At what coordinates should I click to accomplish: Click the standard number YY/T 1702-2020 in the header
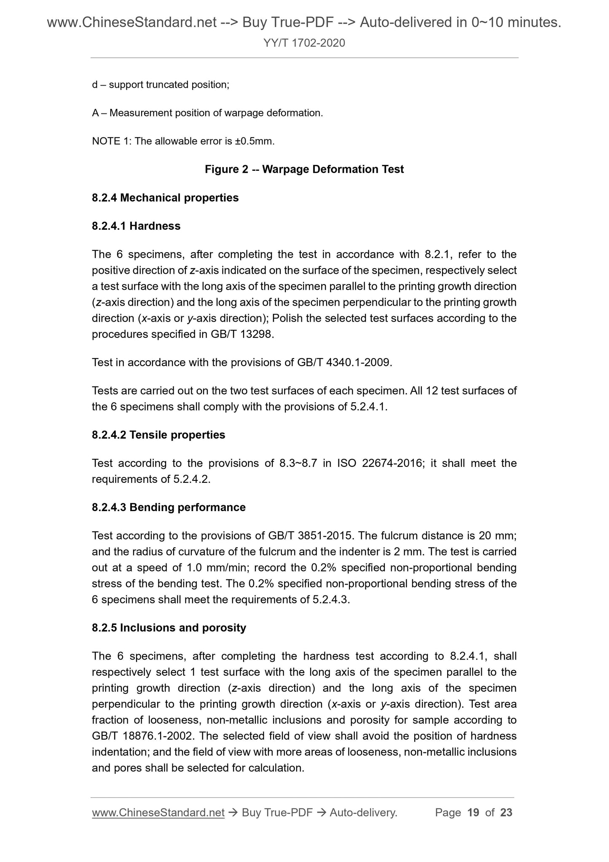pyautogui.click(x=304, y=43)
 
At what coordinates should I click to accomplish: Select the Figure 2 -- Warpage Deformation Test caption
pyautogui.click(x=304, y=170)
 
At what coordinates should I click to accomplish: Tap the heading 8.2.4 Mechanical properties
pyautogui.click(x=165, y=198)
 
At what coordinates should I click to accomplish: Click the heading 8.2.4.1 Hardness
pyautogui.click(x=136, y=226)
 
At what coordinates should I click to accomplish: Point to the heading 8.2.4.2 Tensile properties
pyautogui.click(x=158, y=435)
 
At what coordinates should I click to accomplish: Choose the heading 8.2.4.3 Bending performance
pyautogui.click(x=169, y=507)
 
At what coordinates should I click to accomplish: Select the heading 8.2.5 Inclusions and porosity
pyautogui.click(x=169, y=628)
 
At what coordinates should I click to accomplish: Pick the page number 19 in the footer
pyautogui.click(x=473, y=813)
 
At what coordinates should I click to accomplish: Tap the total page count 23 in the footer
pyautogui.click(x=506, y=813)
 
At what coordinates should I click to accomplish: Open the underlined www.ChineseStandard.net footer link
pyautogui.click(x=158, y=813)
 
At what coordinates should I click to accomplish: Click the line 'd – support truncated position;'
pyautogui.click(x=161, y=85)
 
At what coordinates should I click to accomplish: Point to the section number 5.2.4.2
pyautogui.click(x=191, y=479)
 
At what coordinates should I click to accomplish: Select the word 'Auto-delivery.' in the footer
pyautogui.click(x=364, y=813)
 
